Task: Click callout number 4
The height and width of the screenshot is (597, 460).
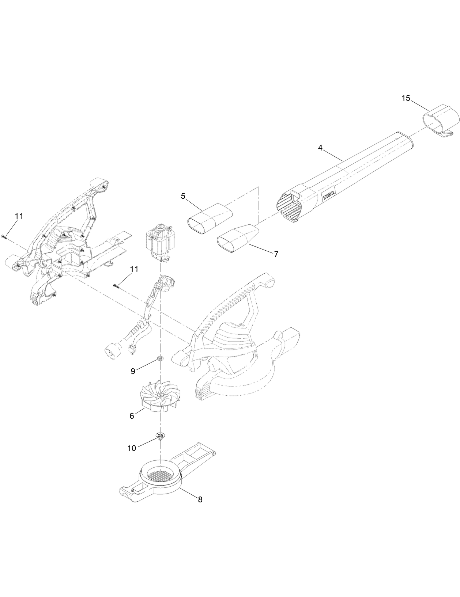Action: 320,148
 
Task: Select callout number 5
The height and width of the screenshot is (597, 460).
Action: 183,196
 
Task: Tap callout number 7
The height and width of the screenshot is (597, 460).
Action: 276,254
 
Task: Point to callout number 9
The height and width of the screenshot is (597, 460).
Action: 133,371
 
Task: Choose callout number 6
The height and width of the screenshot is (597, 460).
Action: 132,415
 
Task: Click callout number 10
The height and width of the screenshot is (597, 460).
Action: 132,448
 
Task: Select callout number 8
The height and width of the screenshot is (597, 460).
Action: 200,499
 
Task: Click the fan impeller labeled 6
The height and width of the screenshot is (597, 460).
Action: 158,396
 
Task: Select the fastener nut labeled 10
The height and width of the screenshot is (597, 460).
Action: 160,436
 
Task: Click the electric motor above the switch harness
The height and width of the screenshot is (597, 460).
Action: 160,243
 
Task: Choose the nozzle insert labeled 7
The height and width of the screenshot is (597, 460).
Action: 238,239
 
